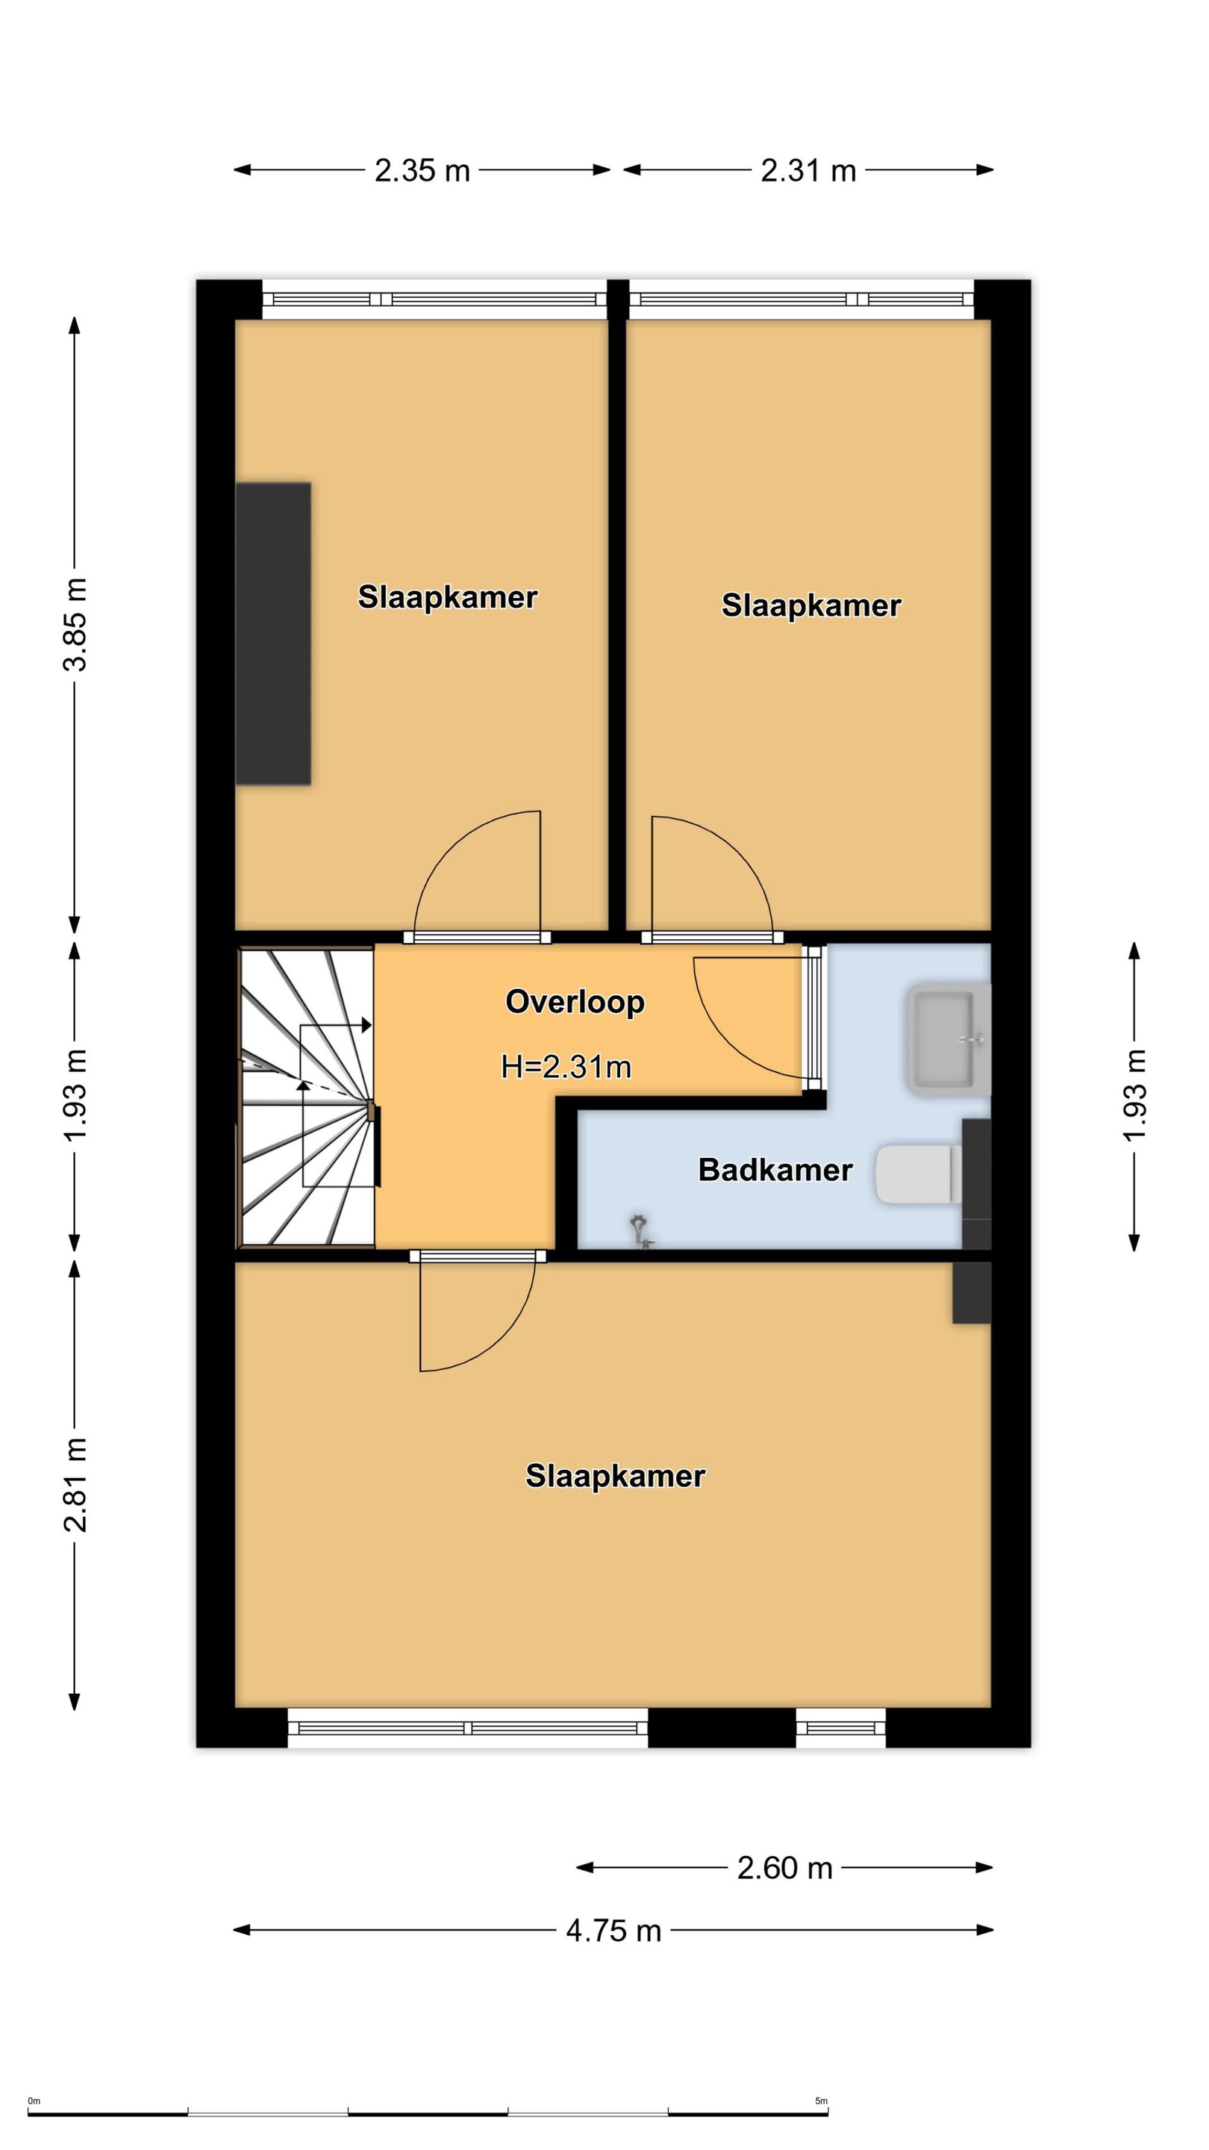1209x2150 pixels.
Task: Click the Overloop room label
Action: pyautogui.click(x=575, y=1002)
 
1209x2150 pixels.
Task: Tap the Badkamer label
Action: pyautogui.click(x=775, y=1169)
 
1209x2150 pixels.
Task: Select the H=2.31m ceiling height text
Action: pyautogui.click(x=566, y=1067)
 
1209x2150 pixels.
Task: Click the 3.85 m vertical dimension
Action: pyautogui.click(x=75, y=624)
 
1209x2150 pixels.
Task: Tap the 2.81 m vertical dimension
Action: pyautogui.click(x=75, y=1484)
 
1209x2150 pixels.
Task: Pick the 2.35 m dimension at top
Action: pyautogui.click(x=422, y=170)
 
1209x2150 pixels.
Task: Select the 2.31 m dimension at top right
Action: pyautogui.click(x=808, y=170)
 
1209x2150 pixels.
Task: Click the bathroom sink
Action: pyautogui.click(x=949, y=1039)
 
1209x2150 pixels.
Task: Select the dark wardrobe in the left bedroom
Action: pyautogui.click(x=274, y=634)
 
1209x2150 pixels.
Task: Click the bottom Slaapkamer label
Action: pyautogui.click(x=615, y=1476)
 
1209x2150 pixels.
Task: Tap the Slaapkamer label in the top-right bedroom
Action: pyautogui.click(x=811, y=605)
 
